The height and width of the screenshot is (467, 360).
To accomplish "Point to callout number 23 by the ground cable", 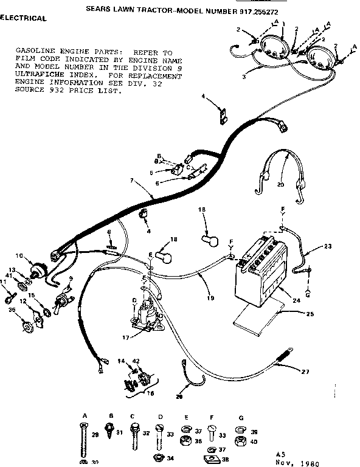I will click(328, 247).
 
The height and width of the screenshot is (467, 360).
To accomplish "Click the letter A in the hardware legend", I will click(85, 415).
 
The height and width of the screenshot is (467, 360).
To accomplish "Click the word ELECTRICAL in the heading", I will click(23, 18).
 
